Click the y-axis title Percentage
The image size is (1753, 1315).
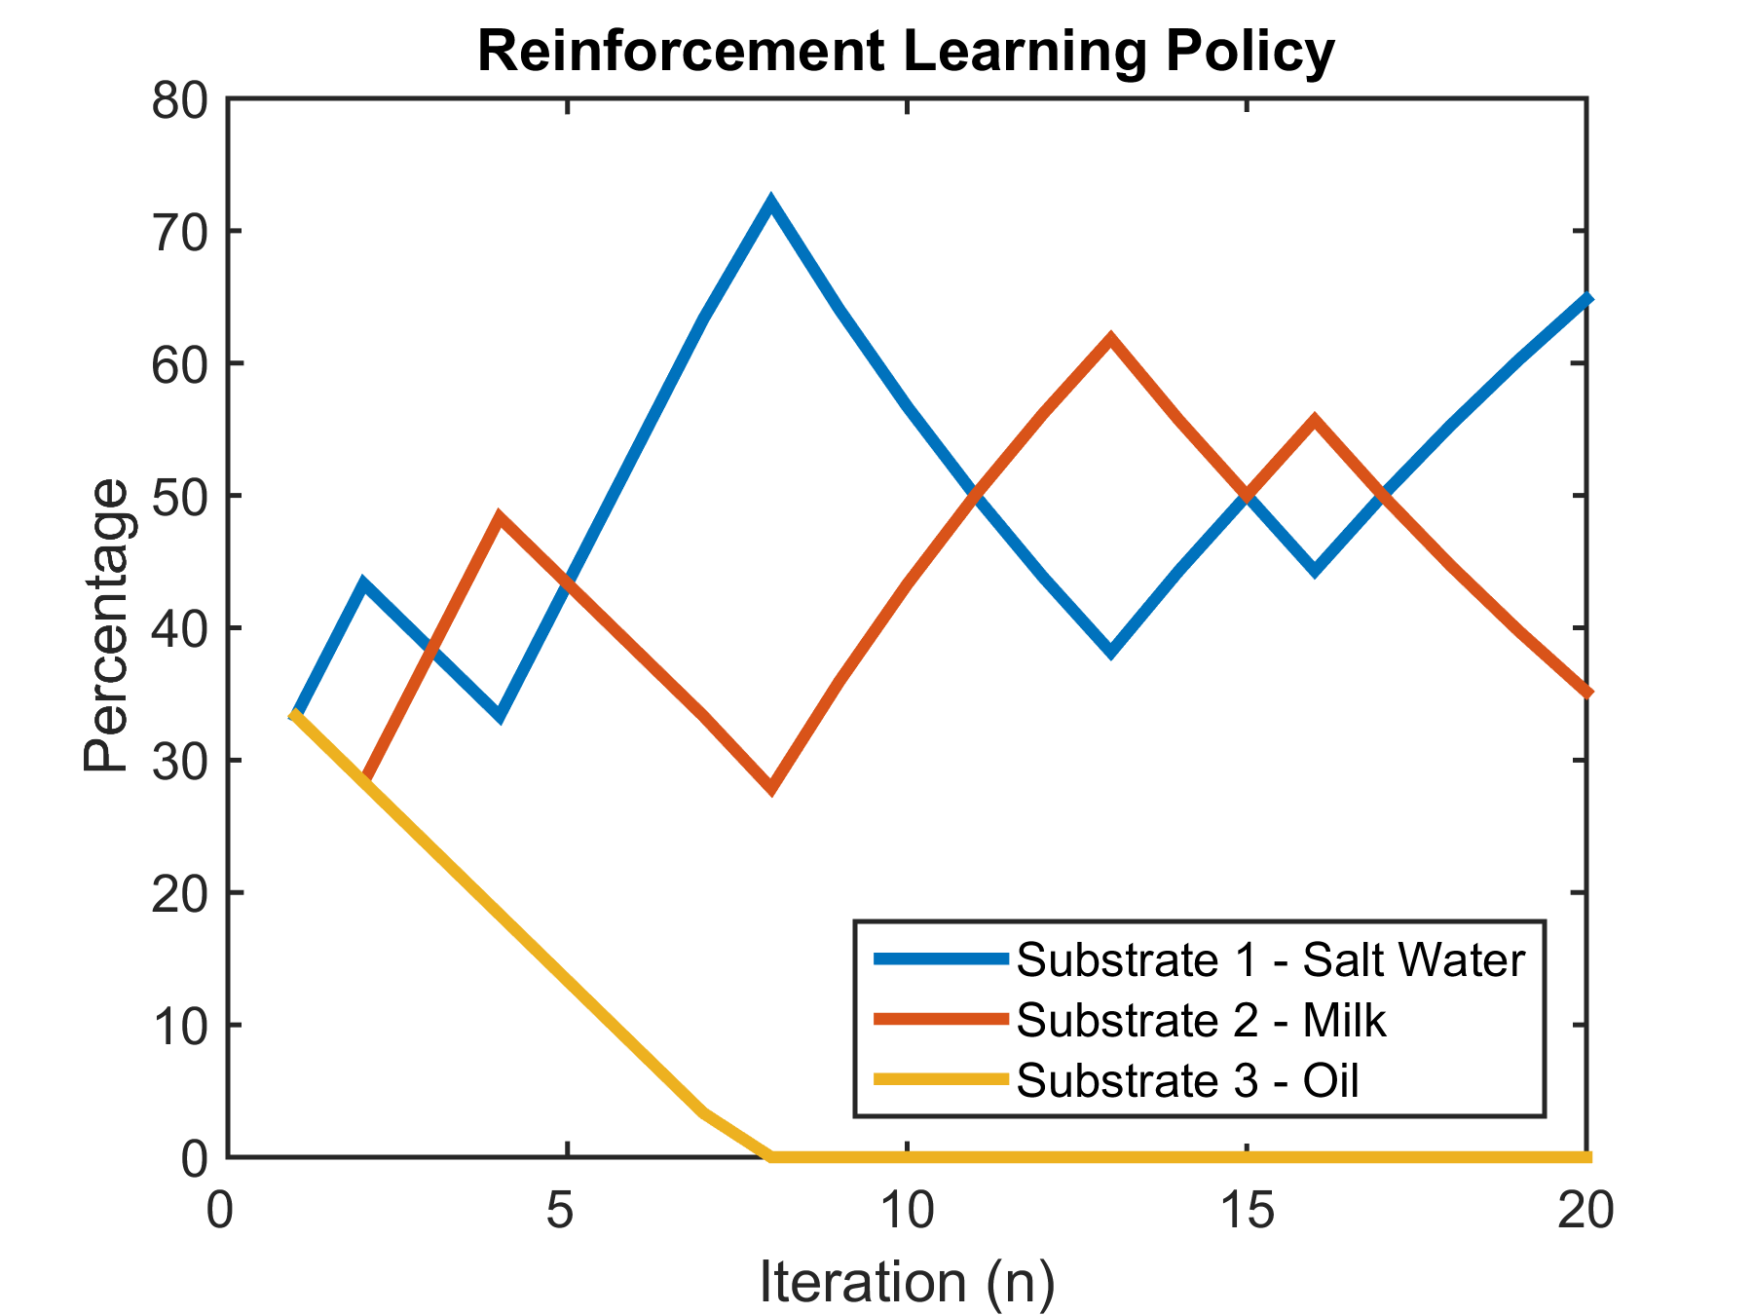click(105, 626)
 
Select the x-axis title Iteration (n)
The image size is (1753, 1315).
click(907, 1281)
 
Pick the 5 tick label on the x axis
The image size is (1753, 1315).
click(567, 1212)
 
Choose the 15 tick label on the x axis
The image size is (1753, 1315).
click(1248, 1212)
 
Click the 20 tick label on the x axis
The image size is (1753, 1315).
click(1585, 1212)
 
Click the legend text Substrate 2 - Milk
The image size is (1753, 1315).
click(1201, 1020)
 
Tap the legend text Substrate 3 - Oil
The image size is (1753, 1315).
click(1187, 1080)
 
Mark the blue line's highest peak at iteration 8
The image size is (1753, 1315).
click(770, 204)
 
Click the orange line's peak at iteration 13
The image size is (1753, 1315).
click(1110, 339)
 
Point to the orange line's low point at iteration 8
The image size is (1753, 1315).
click(770, 788)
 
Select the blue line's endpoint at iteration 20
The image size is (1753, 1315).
click(1586, 298)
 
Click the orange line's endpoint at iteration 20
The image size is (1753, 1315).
click(1586, 694)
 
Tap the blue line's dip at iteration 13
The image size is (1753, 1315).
click(1110, 652)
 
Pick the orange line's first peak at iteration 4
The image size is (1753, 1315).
click(499, 516)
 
